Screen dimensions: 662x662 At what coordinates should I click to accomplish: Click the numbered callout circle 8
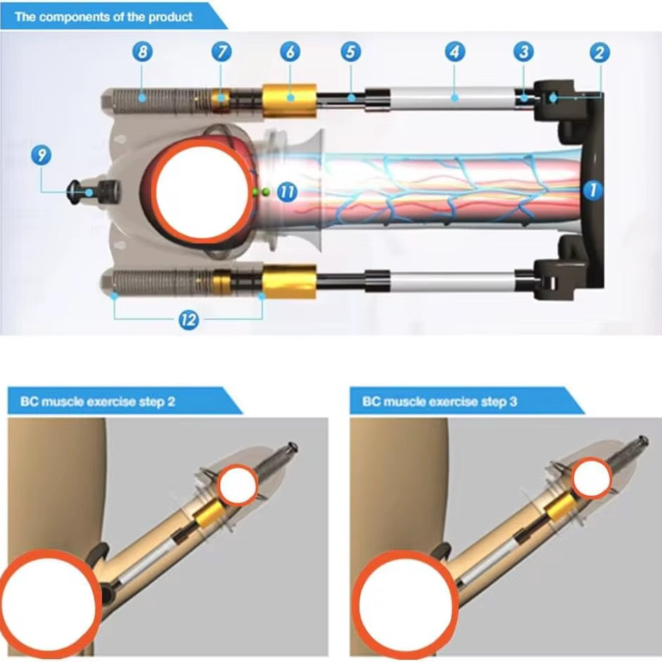coord(142,52)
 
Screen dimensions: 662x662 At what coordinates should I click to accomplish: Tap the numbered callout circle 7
coord(222,52)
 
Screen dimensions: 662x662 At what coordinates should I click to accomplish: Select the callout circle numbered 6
coord(290,52)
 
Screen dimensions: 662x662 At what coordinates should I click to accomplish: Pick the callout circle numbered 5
coord(351,52)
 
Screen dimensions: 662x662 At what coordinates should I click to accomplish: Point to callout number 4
coord(454,52)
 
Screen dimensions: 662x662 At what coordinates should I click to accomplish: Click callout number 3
coord(523,52)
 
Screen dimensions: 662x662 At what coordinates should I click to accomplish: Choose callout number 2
coord(599,52)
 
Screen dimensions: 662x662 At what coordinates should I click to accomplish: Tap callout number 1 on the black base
coord(593,190)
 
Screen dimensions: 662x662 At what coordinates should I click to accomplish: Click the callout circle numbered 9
coord(42,155)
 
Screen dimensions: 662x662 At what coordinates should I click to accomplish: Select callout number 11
coord(287,192)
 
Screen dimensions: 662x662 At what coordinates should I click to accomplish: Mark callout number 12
coord(189,319)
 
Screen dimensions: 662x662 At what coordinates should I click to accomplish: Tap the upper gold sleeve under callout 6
coord(289,101)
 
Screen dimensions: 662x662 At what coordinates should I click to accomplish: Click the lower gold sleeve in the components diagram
coord(289,281)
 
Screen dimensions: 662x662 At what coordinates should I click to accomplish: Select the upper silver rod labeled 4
coord(452,98)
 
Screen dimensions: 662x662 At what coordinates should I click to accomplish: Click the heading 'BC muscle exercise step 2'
coord(98,401)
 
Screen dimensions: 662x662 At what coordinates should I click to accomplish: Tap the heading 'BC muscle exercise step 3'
coord(440,401)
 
